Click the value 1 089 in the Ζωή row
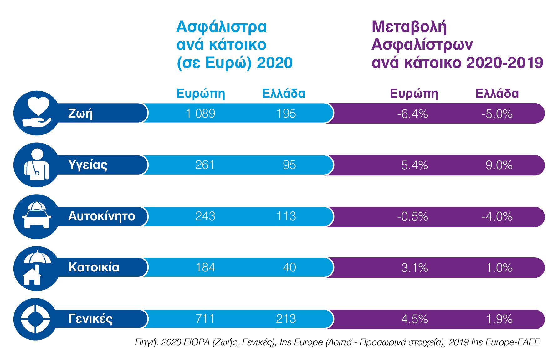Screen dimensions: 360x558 point(201,114)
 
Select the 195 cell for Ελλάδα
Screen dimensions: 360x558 point(286,114)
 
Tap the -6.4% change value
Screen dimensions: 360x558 point(412,114)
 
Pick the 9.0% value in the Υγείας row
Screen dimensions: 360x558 point(499,165)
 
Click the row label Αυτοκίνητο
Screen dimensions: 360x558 point(102,216)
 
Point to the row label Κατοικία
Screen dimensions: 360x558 point(94,267)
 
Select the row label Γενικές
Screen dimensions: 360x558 point(90,319)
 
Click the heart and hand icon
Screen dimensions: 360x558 point(37,113)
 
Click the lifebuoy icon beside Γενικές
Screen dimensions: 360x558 point(35,319)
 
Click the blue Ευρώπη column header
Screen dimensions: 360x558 point(201,94)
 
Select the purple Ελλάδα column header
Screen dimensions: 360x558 point(497,94)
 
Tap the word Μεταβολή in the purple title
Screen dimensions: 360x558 point(409,27)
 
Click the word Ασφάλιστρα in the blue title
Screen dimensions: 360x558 point(221,27)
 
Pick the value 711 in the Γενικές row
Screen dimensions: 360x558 point(205,319)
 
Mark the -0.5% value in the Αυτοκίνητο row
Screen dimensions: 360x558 point(412,216)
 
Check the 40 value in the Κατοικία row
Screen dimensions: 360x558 point(289,267)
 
